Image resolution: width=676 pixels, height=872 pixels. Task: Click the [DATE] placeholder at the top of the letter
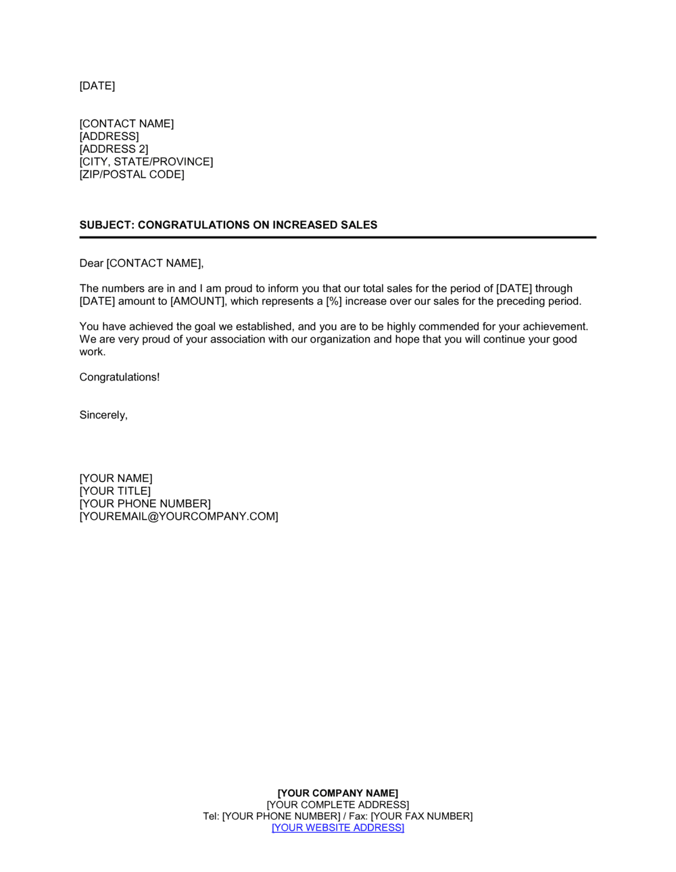pyautogui.click(x=97, y=86)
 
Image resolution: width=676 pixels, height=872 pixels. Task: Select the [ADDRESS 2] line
pyautogui.click(x=114, y=149)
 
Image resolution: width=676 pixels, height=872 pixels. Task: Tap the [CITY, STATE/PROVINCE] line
pyautogui.click(x=146, y=162)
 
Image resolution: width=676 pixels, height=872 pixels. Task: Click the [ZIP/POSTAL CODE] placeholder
pyautogui.click(x=132, y=174)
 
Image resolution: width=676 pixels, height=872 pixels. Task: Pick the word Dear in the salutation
pyautogui.click(x=91, y=264)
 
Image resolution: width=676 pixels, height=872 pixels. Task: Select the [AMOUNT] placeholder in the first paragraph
pyautogui.click(x=197, y=301)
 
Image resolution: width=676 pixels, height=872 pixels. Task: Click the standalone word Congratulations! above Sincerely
pyautogui.click(x=120, y=377)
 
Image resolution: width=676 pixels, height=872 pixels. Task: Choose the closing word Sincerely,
pyautogui.click(x=103, y=415)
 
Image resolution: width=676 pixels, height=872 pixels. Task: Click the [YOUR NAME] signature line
pyautogui.click(x=116, y=479)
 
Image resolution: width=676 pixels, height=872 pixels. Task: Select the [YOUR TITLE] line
pyautogui.click(x=115, y=491)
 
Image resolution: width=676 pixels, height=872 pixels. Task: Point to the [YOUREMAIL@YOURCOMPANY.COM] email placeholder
pyautogui.click(x=178, y=516)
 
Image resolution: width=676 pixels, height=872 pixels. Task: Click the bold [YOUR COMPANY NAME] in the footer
pyautogui.click(x=338, y=794)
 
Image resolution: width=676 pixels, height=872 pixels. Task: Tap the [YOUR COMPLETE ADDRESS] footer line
pyautogui.click(x=338, y=805)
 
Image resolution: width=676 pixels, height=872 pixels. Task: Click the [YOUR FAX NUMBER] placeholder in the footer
pyautogui.click(x=422, y=817)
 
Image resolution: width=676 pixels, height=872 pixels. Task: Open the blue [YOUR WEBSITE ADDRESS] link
pyautogui.click(x=338, y=828)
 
